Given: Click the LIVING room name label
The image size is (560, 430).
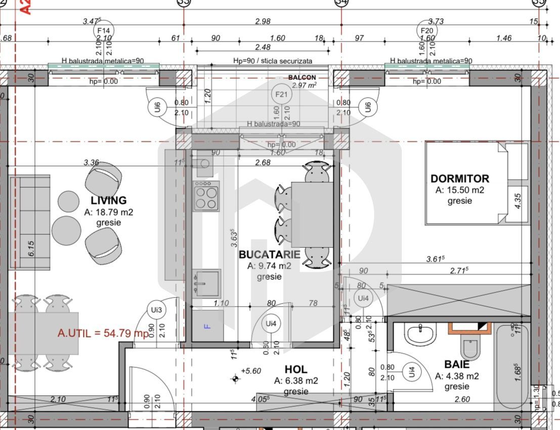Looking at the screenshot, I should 109,200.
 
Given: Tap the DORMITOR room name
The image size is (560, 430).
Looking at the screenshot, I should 459,179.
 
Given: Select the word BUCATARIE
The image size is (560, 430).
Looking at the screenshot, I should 269,254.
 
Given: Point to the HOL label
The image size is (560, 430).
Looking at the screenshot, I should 296,369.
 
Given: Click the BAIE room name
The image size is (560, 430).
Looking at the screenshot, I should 456,364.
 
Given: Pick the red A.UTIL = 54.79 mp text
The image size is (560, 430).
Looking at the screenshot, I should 103,333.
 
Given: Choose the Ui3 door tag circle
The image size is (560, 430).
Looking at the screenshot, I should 156,310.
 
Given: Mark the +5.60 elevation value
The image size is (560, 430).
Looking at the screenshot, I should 250,371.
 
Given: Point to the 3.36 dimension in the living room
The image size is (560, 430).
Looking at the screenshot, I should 91,162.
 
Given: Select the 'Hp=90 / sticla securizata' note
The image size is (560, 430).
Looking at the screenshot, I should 273,61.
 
